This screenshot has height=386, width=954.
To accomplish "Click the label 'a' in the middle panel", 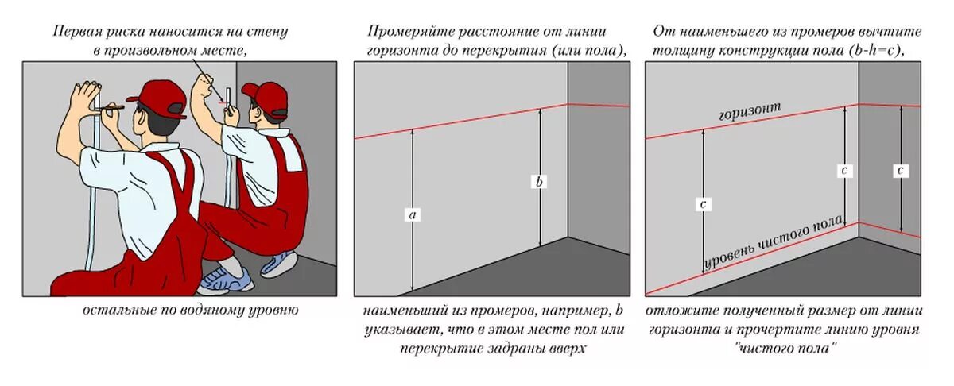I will [x=413, y=214].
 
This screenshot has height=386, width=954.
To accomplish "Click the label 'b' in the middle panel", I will [x=540, y=182].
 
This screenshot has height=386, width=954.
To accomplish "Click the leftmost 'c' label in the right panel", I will [x=703, y=204].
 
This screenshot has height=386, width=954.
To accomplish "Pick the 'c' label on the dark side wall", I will [x=900, y=170].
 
